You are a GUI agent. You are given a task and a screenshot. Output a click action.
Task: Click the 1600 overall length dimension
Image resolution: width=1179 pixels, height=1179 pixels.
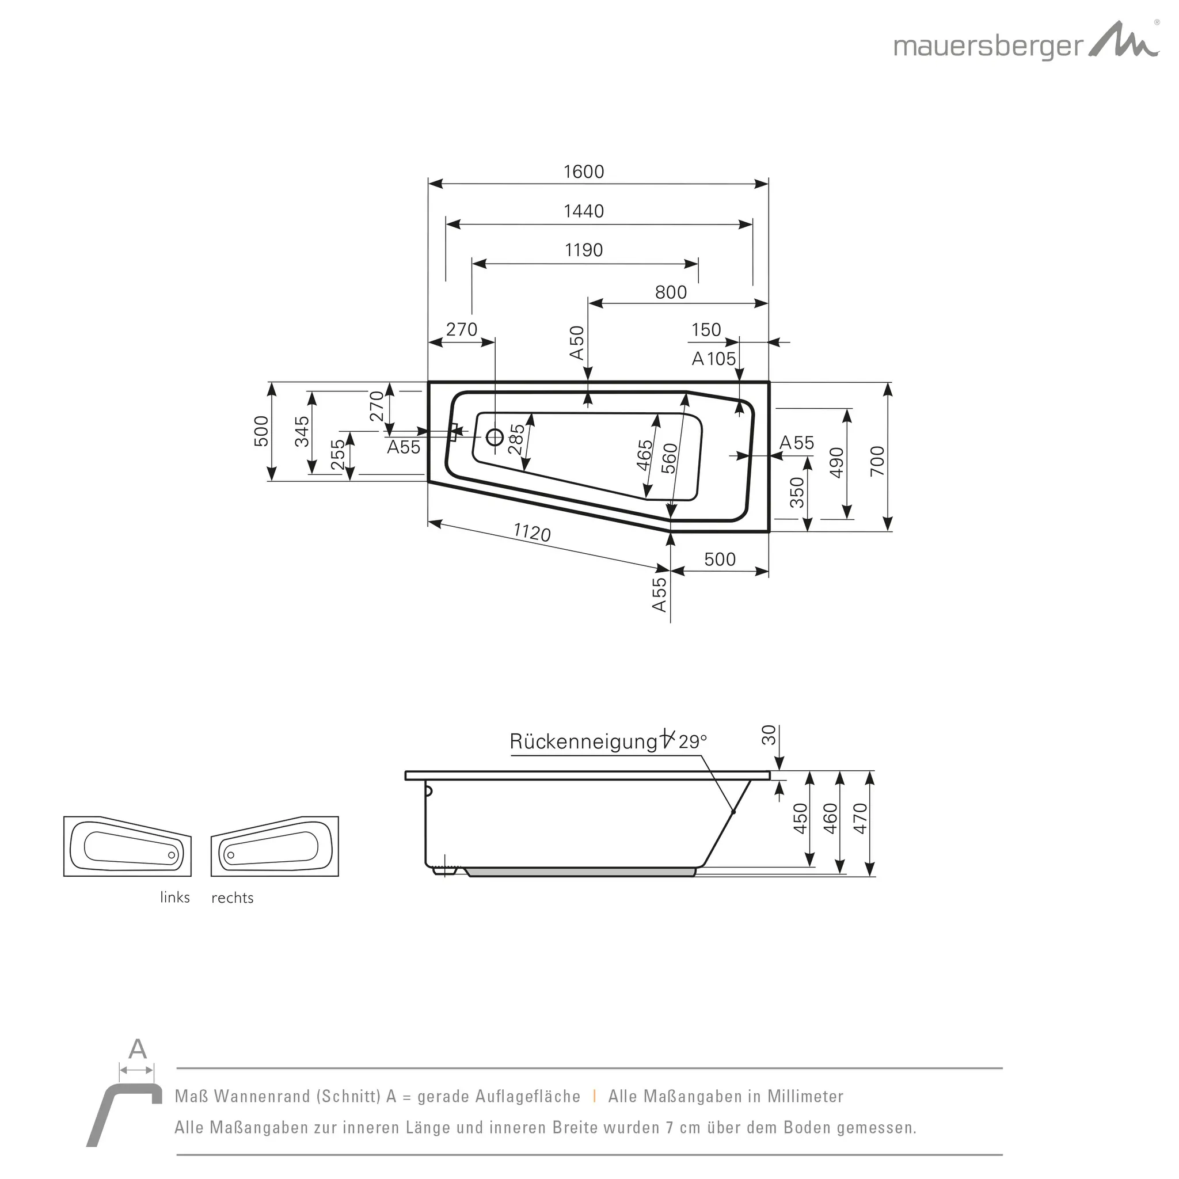point(583,172)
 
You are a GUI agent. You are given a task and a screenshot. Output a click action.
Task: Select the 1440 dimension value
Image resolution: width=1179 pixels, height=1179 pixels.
point(583,211)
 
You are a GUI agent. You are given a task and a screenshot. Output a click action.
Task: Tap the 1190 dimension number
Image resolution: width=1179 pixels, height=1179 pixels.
point(583,250)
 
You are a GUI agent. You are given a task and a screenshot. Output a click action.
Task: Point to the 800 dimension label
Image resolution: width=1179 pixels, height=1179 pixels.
point(671,292)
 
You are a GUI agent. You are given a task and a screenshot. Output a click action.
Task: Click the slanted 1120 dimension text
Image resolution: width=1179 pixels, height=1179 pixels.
point(531,532)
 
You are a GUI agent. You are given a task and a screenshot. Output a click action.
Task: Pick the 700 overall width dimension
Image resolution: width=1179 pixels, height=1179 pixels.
point(877,461)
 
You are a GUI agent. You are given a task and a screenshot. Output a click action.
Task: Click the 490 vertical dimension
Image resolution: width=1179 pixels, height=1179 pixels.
point(836,463)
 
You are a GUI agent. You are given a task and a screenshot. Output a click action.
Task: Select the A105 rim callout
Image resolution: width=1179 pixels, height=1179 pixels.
point(713,359)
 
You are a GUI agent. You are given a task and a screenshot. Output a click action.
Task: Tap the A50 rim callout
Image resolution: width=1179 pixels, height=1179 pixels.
point(577,343)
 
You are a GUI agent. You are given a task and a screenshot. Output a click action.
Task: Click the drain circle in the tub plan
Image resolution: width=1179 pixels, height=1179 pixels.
point(495,437)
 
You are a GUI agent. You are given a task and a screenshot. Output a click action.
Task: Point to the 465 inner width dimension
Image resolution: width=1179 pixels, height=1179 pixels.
point(644,455)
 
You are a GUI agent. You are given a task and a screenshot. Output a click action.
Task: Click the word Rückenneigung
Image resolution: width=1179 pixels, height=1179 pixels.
point(583,742)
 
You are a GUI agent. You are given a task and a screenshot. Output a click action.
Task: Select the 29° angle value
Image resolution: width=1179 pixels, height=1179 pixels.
point(692,741)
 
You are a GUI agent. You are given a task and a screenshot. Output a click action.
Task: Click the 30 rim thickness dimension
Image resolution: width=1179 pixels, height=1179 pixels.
point(769,735)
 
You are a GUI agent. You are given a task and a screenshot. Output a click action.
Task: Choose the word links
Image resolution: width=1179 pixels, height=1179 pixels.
point(175,897)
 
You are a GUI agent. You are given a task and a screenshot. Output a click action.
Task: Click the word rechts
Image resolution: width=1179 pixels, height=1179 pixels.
point(232,897)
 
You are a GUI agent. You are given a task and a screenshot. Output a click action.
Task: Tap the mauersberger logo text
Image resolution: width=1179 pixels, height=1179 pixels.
point(988,47)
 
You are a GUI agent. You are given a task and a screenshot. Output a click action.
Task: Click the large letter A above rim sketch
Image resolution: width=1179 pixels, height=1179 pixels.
point(138,1049)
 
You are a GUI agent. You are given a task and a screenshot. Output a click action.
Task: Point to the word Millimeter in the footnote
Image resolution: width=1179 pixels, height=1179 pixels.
point(805,1097)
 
